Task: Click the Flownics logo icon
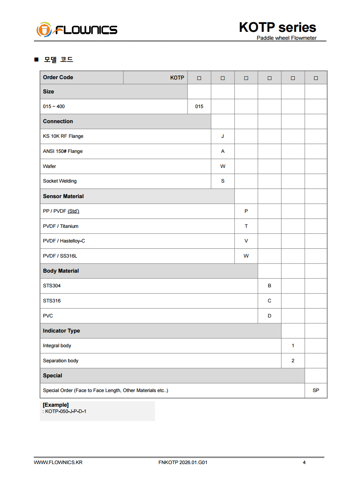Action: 44,30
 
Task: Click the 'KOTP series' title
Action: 277,28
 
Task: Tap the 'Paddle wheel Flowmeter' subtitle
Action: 286,38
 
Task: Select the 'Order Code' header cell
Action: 58,77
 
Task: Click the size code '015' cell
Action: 199,106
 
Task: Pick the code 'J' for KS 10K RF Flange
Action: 223,137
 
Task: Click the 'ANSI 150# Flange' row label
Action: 63,151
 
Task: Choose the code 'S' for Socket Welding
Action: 223,181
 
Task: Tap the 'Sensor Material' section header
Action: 63,196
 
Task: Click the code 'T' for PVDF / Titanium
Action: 246,226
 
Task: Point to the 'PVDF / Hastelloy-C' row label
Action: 64,241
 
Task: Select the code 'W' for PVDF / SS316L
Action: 246,256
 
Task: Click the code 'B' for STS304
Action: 270,286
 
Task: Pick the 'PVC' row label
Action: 48,316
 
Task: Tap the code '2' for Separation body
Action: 293,361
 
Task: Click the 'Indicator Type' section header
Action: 61,331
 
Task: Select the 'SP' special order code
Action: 316,390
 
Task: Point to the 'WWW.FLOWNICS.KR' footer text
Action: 58,462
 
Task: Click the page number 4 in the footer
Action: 304,462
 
